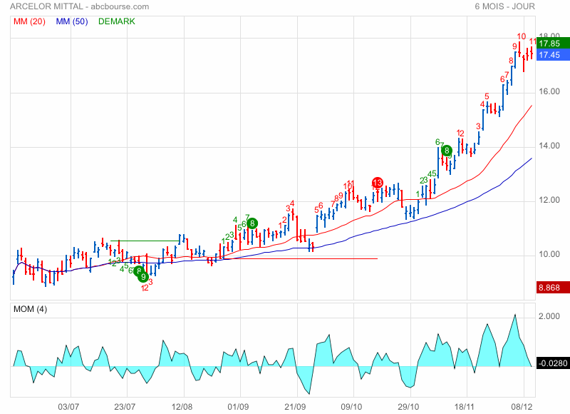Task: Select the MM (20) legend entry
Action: tap(29, 21)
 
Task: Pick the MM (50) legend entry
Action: tap(71, 21)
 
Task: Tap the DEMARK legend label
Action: tap(116, 21)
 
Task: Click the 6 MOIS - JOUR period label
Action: tap(504, 7)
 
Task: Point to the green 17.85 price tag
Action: tap(549, 43)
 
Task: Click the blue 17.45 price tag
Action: tap(549, 55)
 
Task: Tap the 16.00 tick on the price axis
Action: tap(549, 92)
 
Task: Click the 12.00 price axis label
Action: tap(549, 201)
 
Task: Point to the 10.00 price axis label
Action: tap(549, 255)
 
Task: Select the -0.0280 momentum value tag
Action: tap(551, 364)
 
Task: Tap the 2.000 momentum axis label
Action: tap(548, 316)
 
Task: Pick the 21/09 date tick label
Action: tap(296, 406)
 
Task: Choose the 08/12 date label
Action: tap(524, 406)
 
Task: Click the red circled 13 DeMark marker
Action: tap(378, 183)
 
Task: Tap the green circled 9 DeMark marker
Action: tap(143, 276)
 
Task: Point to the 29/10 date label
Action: tap(408, 406)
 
